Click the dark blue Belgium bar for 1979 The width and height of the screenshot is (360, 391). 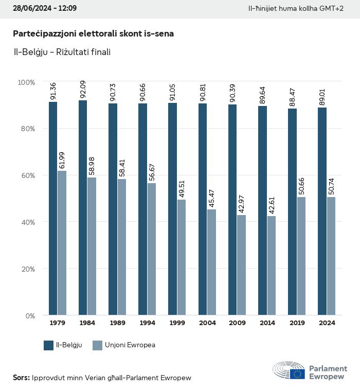point(53,208)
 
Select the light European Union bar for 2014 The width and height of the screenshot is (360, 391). point(272,265)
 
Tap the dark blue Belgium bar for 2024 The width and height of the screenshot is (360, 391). point(322,211)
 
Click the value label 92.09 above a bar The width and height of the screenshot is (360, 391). point(83,91)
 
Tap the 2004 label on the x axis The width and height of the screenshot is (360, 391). point(207,323)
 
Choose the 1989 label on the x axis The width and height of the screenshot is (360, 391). point(117,323)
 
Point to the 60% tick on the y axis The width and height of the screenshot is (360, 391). point(26,175)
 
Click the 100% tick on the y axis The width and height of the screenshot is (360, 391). point(26,82)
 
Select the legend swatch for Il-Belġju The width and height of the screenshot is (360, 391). point(49,345)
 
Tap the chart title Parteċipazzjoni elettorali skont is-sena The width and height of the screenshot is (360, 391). point(93,33)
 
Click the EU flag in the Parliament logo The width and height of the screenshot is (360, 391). point(297,374)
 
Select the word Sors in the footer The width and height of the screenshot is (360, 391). point(21,378)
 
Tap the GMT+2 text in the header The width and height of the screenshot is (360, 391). point(332,9)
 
